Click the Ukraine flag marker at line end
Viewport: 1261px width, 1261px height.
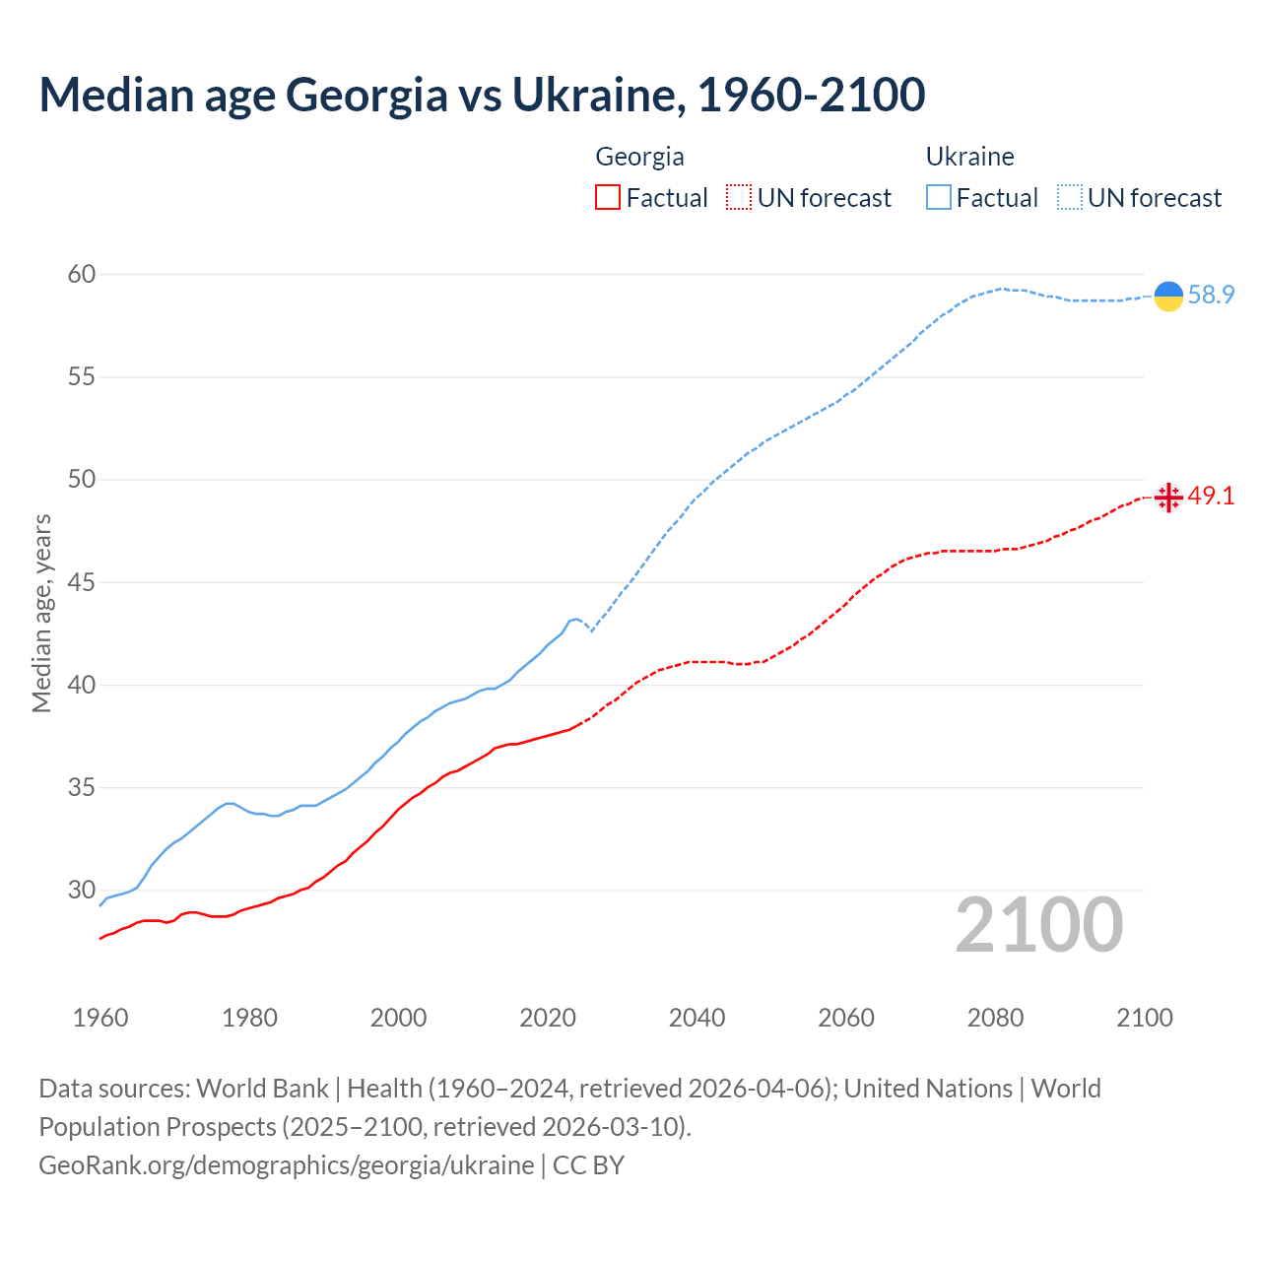coord(1168,296)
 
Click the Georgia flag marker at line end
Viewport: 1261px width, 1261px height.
coord(1168,498)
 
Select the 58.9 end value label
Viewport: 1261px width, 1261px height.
coord(1211,295)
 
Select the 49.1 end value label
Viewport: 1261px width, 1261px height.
coord(1211,496)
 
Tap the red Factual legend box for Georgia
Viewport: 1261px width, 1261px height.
coord(608,198)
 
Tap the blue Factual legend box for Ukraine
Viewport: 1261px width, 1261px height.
coord(939,198)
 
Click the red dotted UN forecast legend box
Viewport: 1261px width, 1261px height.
coord(739,198)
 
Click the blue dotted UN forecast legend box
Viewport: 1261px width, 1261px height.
coord(1070,198)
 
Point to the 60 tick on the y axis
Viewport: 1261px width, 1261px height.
coord(82,274)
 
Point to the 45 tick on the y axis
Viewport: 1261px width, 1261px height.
coord(82,582)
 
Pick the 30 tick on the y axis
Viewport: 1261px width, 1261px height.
coord(82,890)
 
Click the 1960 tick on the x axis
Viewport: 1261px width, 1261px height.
coord(100,1018)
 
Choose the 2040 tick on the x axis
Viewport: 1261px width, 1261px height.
coord(697,1018)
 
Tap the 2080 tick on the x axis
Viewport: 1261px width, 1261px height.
coord(995,1018)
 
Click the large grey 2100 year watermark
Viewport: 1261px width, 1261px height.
coord(1039,924)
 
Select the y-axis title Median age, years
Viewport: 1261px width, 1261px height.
coord(41,613)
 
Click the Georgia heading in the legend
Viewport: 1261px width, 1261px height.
coord(639,157)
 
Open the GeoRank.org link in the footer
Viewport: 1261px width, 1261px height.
coord(286,1165)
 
